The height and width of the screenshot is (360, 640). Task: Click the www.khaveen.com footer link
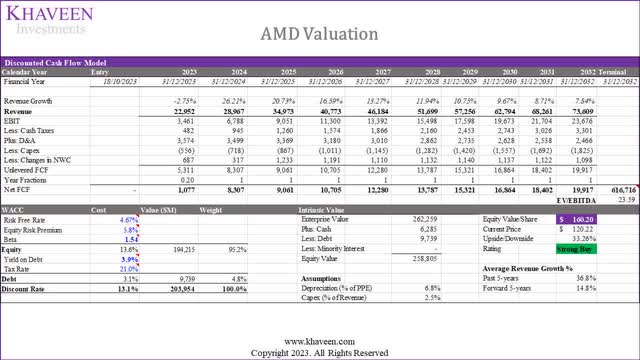coord(319,339)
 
